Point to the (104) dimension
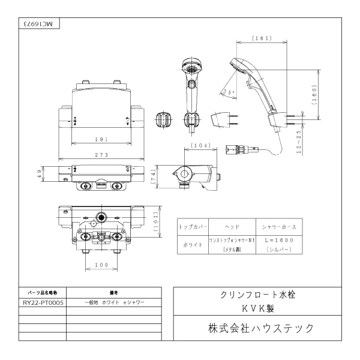199,146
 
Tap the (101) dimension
155,225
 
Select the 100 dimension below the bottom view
100,264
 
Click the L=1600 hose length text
278,239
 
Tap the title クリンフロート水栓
257,297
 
